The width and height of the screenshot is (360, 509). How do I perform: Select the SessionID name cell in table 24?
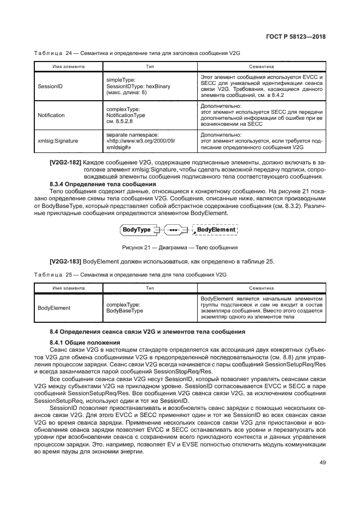(x=50, y=85)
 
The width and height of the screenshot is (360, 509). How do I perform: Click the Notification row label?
(x=51, y=115)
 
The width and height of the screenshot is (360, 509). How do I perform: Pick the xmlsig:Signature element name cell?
(x=58, y=140)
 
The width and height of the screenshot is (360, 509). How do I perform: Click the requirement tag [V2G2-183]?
(x=65, y=261)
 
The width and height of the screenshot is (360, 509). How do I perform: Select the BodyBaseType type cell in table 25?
(x=124, y=308)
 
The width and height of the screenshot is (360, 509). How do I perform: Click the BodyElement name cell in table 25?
(x=54, y=308)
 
